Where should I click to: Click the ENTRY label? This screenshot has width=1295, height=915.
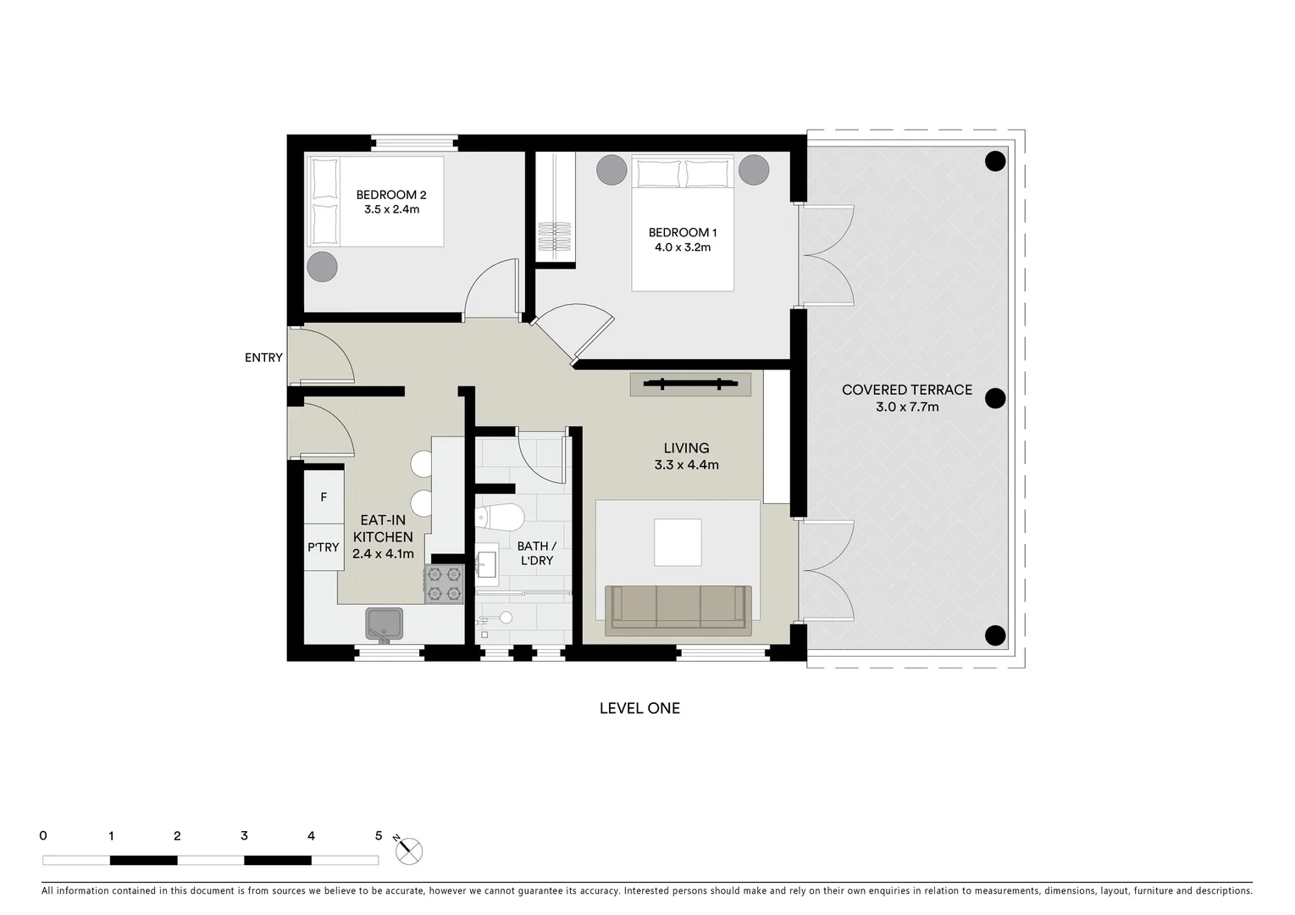click(263, 358)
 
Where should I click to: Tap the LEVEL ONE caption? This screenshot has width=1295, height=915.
click(639, 708)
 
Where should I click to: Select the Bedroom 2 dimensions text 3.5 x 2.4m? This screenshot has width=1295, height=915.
click(391, 209)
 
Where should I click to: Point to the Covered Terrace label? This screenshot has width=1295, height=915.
click(906, 390)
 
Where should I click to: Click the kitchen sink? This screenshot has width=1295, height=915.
click(385, 624)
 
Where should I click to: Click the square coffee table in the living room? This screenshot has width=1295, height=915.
click(678, 542)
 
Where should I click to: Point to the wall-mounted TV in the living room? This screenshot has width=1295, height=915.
click(690, 385)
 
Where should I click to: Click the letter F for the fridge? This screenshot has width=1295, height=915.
click(324, 497)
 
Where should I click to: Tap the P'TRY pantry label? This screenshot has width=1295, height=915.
click(323, 547)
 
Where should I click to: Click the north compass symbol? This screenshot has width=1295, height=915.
click(408, 850)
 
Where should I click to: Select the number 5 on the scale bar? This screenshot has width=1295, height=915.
click(379, 835)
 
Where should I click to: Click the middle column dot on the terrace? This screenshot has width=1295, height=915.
click(995, 398)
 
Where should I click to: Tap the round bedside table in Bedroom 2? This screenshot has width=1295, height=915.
click(322, 266)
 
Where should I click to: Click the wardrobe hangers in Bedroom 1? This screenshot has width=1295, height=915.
click(556, 236)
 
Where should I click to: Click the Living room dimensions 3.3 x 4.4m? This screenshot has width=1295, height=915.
click(686, 464)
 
